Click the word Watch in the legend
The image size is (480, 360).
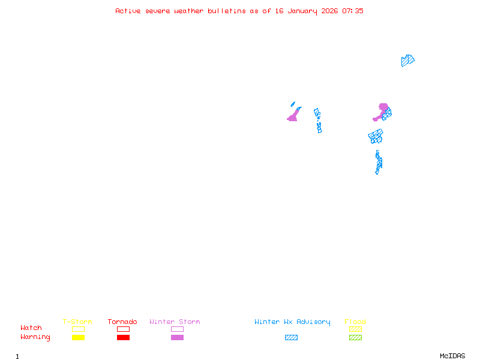click(x=31, y=328)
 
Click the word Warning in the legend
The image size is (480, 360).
click(x=35, y=337)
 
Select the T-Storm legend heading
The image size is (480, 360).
click(x=77, y=322)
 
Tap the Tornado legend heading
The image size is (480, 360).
click(x=122, y=322)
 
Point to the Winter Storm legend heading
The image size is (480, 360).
click(x=175, y=322)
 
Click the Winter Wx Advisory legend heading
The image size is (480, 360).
click(x=292, y=322)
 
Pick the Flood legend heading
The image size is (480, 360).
click(x=355, y=322)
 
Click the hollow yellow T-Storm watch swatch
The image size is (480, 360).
click(x=78, y=329)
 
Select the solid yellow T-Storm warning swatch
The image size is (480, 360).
click(x=78, y=338)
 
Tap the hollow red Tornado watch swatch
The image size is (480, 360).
click(x=123, y=329)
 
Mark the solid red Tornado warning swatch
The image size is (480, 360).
click(x=123, y=338)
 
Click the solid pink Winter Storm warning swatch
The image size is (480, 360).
click(x=177, y=338)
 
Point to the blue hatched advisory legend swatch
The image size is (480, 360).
click(x=291, y=338)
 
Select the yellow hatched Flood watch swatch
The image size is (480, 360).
click(x=355, y=329)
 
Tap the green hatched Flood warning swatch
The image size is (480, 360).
click(x=355, y=338)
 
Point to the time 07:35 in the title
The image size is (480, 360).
click(x=353, y=11)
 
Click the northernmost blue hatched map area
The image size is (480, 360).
click(x=407, y=60)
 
